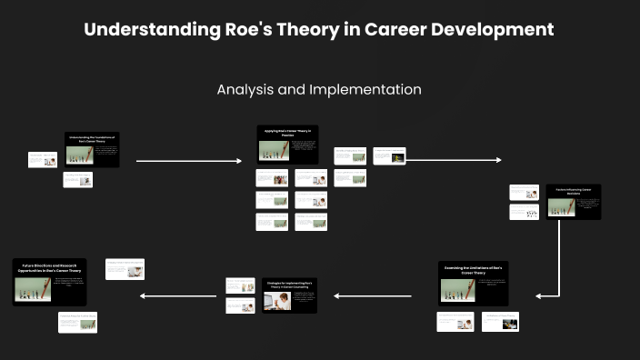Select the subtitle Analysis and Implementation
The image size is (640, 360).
coord(319,90)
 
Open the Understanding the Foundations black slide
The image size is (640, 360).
coord(92,150)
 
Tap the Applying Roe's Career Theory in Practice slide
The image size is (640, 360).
coord(287,145)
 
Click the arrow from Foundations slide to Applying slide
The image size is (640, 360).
coord(188,161)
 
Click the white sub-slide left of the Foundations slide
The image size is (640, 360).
coord(42,159)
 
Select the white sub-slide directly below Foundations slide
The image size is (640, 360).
coord(77,179)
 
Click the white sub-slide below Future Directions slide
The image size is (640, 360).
coord(77,322)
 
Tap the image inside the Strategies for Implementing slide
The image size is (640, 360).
coord(275,301)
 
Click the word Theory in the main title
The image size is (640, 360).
coord(308,29)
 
